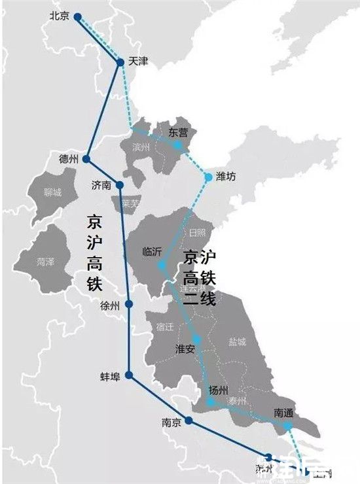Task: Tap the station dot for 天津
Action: coord(120,62)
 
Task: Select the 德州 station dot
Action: coord(86,159)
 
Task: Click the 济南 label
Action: coord(102,185)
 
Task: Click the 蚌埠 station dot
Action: coord(129,375)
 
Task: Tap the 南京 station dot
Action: coord(189,421)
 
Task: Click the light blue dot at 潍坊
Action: coord(208,177)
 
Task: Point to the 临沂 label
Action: coord(153,251)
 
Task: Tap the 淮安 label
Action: coord(186,349)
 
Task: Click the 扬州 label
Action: coord(218,390)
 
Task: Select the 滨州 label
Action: coord(141,147)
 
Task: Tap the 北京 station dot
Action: coord(78,16)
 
